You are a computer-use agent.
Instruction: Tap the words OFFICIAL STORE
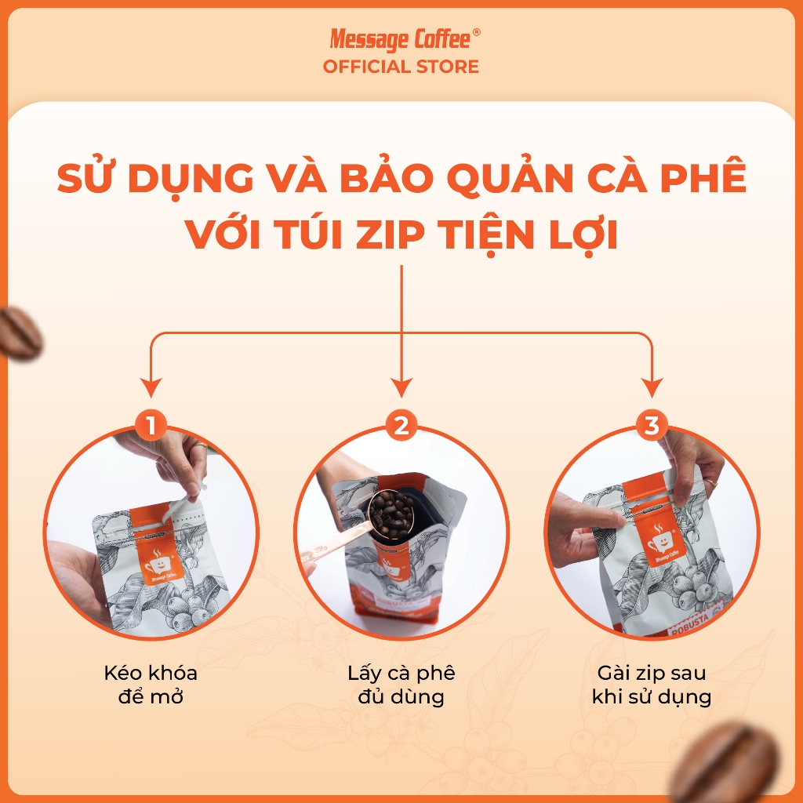coord(401,67)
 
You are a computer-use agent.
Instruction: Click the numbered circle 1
coord(151,425)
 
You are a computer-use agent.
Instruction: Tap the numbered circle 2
coord(401,425)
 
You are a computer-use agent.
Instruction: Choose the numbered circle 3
coord(652,425)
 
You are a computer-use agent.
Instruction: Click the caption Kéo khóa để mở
coord(151,685)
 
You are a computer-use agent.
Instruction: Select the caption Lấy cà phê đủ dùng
coord(401,685)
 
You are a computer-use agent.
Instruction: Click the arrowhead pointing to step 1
coord(151,387)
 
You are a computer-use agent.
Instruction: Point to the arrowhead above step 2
coord(401,387)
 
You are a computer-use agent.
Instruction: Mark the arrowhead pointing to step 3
coord(652,387)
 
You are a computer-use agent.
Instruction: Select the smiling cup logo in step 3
coord(660,541)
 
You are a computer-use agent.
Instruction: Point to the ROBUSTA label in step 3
coord(690,623)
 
